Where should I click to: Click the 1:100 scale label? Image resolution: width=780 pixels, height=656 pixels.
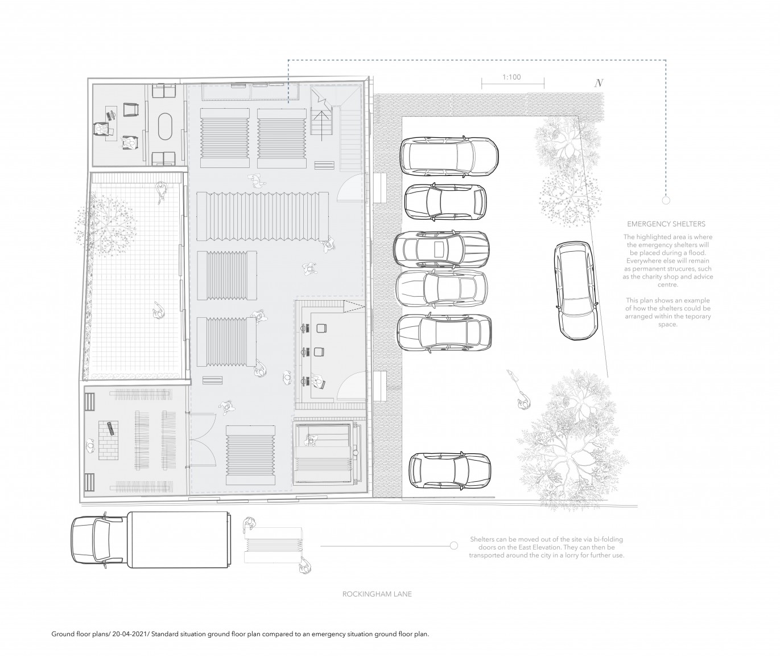click(511, 77)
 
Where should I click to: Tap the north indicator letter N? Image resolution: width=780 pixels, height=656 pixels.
click(599, 83)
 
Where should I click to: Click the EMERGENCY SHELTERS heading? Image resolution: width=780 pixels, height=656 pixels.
click(666, 224)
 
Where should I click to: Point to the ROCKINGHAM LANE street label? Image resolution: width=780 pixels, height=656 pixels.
click(377, 593)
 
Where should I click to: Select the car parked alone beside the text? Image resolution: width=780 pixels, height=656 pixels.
click(576, 290)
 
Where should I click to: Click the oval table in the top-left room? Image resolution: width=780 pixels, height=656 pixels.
click(165, 127)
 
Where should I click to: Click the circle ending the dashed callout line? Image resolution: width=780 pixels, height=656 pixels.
click(666, 200)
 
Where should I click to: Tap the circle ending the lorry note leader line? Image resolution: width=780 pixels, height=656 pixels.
click(454, 546)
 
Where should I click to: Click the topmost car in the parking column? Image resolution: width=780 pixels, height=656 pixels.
click(449, 156)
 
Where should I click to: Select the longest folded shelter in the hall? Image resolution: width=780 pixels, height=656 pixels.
click(263, 216)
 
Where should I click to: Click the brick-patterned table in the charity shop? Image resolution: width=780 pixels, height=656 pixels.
click(108, 440)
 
